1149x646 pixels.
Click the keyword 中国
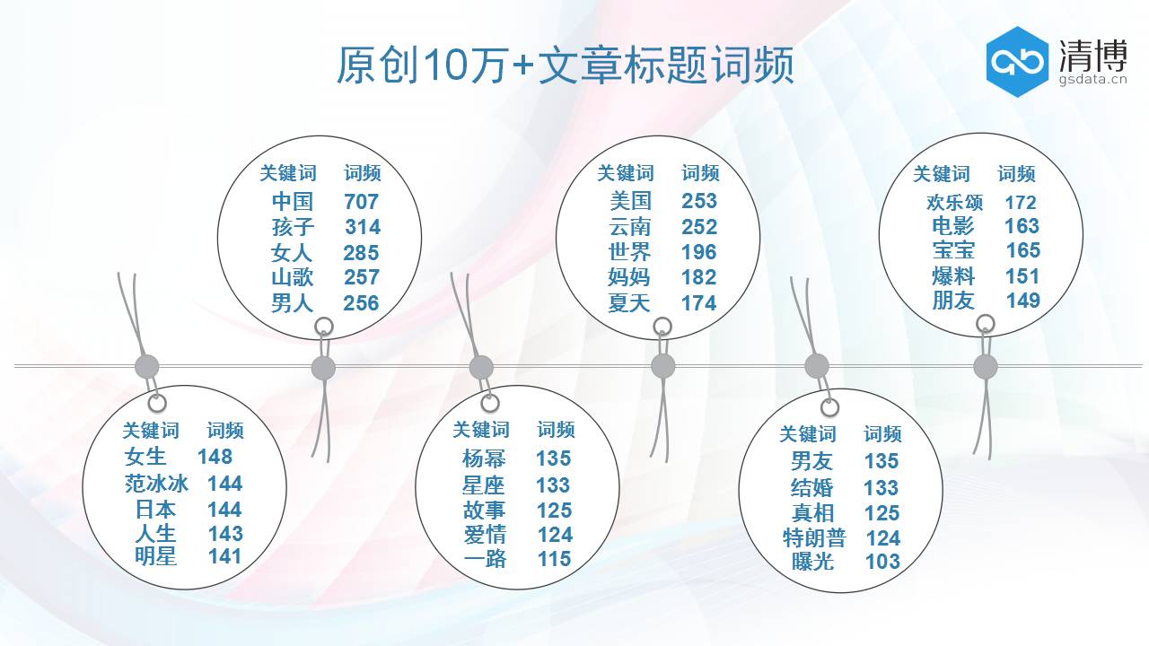point(292,201)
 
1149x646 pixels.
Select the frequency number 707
point(361,201)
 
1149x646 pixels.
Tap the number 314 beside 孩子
point(363,227)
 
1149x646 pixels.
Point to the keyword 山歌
point(293,277)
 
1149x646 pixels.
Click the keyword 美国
point(629,201)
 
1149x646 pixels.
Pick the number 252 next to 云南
point(699,227)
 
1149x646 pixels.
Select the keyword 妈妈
point(628,277)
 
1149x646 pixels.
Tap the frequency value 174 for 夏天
point(698,303)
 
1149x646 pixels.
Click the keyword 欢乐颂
point(954,203)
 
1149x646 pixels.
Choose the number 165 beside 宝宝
point(1022,250)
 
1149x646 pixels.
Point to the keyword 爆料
point(953,276)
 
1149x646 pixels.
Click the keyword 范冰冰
point(156,484)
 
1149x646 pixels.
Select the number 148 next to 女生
point(215,457)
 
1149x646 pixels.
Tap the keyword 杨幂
point(484,458)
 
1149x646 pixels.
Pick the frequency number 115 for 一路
point(554,558)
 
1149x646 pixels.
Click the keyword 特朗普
point(814,538)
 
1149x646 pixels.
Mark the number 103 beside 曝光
point(882,562)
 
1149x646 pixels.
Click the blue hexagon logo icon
point(1017,61)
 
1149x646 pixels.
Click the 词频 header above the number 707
point(363,173)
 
